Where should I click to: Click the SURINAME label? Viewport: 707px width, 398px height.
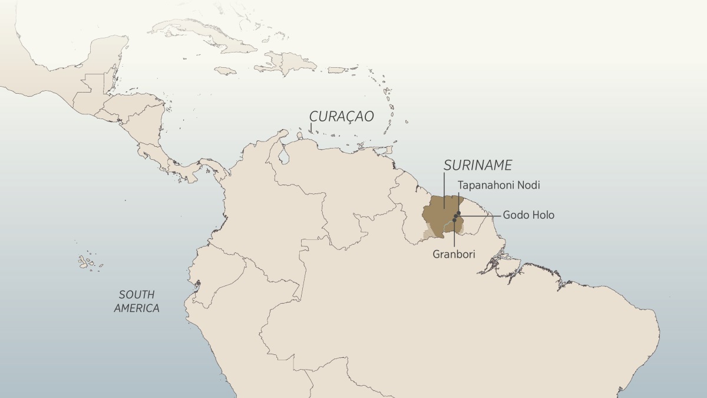pyautogui.click(x=478, y=165)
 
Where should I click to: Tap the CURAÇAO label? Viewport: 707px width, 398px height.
pyautogui.click(x=342, y=116)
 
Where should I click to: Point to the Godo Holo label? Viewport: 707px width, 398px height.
pyautogui.click(x=528, y=215)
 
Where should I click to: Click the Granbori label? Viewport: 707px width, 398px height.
pyautogui.click(x=454, y=254)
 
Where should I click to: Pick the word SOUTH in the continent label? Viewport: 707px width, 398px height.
pyautogui.click(x=136, y=294)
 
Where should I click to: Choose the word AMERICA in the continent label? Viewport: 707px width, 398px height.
pyautogui.click(x=137, y=308)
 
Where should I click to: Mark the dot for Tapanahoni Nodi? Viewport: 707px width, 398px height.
pyautogui.click(x=458, y=213)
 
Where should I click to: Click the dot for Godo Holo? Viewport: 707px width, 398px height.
pyautogui.click(x=456, y=216)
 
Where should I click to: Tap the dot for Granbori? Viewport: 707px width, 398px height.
pyautogui.click(x=454, y=220)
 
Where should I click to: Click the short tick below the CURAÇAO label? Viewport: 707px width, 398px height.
pyautogui.click(x=310, y=128)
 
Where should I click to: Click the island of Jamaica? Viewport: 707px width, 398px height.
pyautogui.click(x=225, y=70)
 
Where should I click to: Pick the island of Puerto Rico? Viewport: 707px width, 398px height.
pyautogui.click(x=336, y=70)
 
